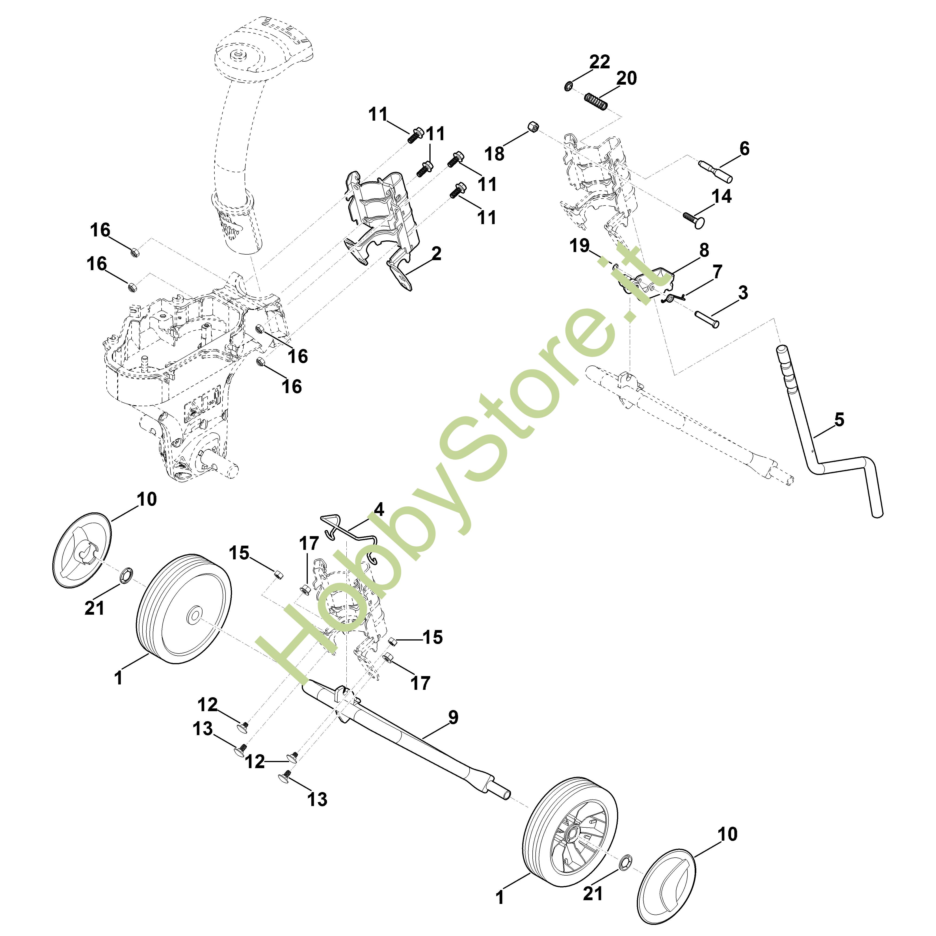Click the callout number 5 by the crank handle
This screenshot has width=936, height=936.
pos(839,420)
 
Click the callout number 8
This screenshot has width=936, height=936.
pos(704,250)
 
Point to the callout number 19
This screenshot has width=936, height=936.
pos(579,246)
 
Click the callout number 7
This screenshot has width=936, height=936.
pos(717,272)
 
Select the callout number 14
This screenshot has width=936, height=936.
pos(721,196)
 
